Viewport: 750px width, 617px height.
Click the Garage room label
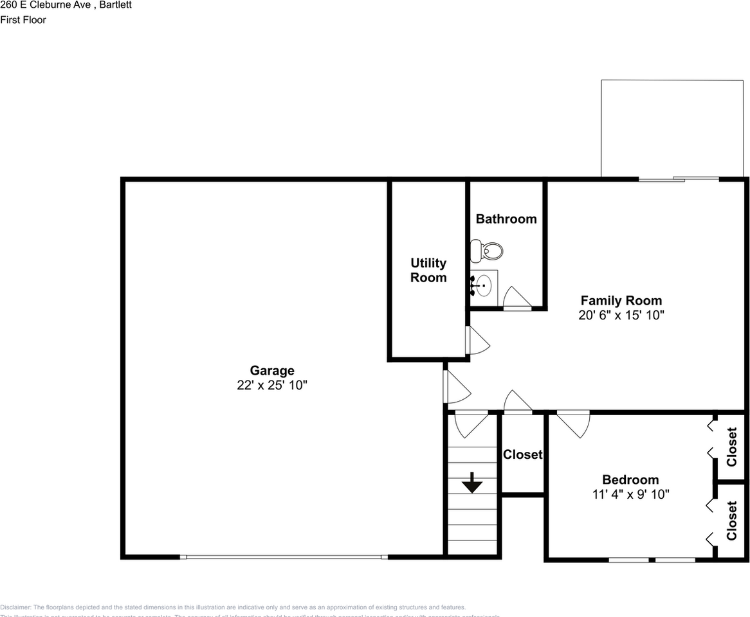[272, 370]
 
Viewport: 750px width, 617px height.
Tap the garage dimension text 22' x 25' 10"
[272, 386]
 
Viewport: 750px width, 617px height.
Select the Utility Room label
[428, 270]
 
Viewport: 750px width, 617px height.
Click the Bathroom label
[506, 219]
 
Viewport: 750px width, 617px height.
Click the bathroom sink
[482, 284]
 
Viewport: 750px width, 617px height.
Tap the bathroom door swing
[516, 298]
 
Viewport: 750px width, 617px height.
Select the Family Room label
[621, 300]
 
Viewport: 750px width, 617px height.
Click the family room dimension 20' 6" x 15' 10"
[621, 316]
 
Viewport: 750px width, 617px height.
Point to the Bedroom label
[630, 479]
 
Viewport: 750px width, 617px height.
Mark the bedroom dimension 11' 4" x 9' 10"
[630, 495]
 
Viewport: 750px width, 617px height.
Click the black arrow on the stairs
[472, 483]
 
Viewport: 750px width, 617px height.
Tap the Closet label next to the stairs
[522, 454]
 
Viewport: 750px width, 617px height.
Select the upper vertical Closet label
[731, 447]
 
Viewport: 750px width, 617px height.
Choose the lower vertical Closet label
[731, 521]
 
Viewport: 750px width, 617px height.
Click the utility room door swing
[477, 341]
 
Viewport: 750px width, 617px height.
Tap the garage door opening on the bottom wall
[284, 557]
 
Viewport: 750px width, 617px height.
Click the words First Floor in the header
[23, 20]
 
